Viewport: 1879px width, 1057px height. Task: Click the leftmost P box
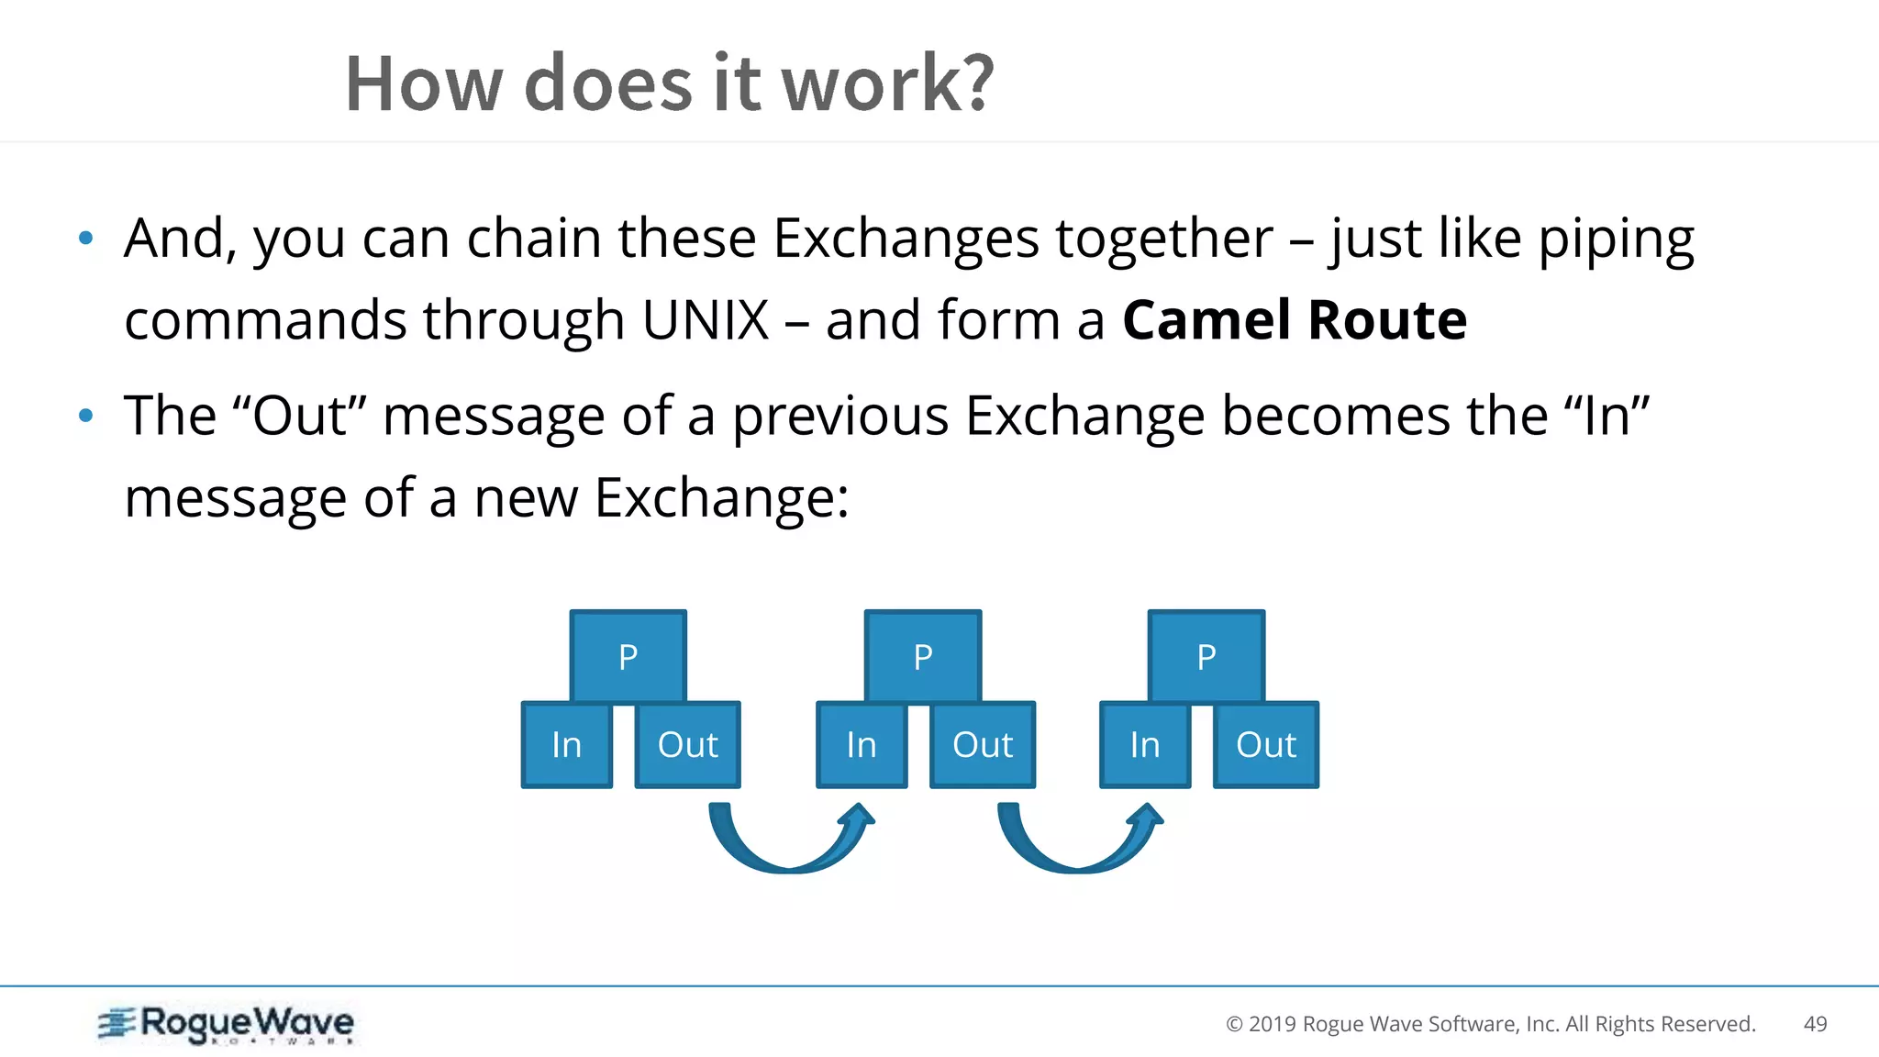(628, 655)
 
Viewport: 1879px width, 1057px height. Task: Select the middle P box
(923, 655)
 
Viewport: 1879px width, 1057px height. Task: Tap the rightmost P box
(1206, 655)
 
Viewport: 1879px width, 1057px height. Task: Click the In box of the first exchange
(567, 744)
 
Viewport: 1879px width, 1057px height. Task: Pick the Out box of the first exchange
(688, 744)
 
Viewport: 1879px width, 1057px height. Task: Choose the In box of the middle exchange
(862, 744)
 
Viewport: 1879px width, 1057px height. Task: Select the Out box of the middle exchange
(983, 744)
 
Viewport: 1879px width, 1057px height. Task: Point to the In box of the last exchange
(1145, 744)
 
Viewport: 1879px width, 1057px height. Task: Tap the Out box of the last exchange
(1266, 744)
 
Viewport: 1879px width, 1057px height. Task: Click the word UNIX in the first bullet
(705, 320)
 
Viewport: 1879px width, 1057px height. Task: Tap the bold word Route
(1387, 320)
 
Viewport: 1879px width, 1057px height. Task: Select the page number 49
(1815, 1024)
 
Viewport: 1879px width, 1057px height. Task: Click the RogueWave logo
(227, 1024)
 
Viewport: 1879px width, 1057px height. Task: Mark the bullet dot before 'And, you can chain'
(86, 239)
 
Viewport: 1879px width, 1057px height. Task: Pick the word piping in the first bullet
(1615, 240)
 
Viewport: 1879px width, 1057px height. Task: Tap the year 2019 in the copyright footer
(1273, 1024)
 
